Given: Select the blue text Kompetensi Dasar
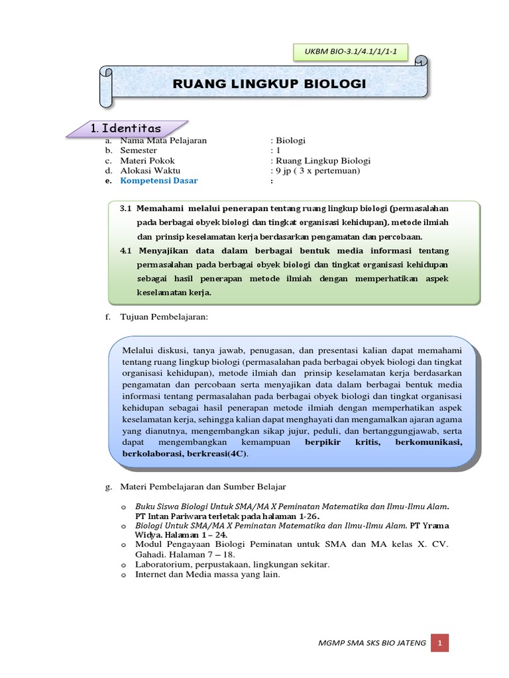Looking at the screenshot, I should click(159, 180).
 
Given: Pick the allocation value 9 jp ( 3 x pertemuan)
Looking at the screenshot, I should click(317, 170).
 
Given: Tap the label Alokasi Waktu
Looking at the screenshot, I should click(150, 170).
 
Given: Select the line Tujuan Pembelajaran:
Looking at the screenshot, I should click(164, 317).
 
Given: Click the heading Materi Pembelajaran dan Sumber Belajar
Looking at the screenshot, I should click(203, 487).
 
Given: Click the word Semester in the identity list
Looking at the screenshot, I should click(139, 150).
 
